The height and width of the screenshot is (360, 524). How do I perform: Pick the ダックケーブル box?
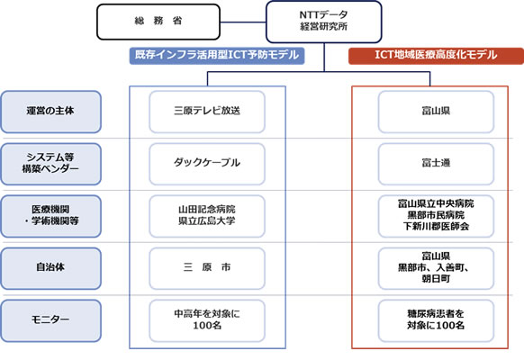click(x=207, y=163)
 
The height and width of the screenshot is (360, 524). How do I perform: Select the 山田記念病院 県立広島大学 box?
click(x=207, y=215)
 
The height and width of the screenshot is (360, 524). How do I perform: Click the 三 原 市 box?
click(x=207, y=267)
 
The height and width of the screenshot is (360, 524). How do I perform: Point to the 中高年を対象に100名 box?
click(x=207, y=319)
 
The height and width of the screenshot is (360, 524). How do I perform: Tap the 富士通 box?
click(x=435, y=163)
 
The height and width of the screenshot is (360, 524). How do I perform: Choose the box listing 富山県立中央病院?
click(x=435, y=215)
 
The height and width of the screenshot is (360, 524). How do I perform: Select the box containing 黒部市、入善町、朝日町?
click(x=435, y=267)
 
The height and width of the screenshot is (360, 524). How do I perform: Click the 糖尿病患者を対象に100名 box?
click(x=435, y=319)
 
